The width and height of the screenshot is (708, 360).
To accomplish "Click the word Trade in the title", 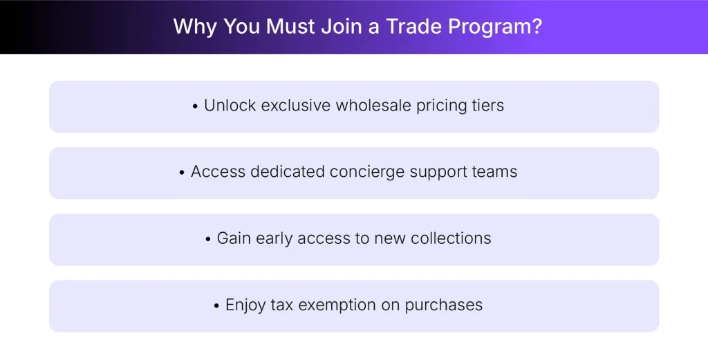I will tap(413, 26).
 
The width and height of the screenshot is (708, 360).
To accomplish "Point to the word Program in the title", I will tap(483, 26).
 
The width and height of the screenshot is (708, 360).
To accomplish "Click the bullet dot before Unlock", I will tap(196, 106).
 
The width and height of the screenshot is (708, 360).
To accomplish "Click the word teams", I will tap(494, 172).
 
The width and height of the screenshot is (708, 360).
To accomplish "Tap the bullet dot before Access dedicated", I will tap(183, 173).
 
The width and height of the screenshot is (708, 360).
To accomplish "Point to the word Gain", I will tap(234, 238).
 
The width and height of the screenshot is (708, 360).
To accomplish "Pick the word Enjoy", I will tap(245, 305).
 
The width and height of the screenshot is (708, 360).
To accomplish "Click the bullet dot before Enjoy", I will tap(217, 305).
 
